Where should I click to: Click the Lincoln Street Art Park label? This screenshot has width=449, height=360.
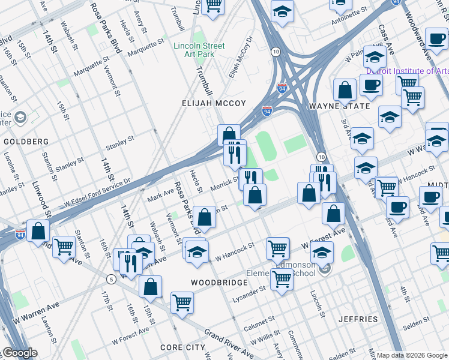pos(199,50)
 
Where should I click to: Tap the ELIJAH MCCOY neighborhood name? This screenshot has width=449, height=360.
pos(214,103)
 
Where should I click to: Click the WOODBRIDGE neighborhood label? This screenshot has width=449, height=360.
pos(219,282)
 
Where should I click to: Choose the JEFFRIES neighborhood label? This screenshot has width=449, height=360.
pos(358,319)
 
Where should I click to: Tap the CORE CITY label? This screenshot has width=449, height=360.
pos(182,347)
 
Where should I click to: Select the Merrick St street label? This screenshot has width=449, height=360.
pos(226,184)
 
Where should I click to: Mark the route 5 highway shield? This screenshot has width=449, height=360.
pos(111,279)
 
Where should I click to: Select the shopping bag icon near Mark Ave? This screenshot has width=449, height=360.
pos(205,217)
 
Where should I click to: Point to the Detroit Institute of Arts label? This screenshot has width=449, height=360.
pos(408,71)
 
